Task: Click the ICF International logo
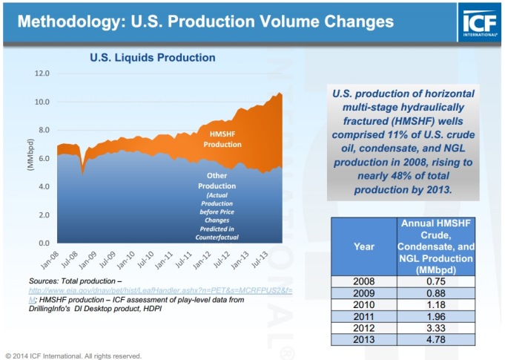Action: (x=479, y=22)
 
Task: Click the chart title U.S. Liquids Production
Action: (x=152, y=57)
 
